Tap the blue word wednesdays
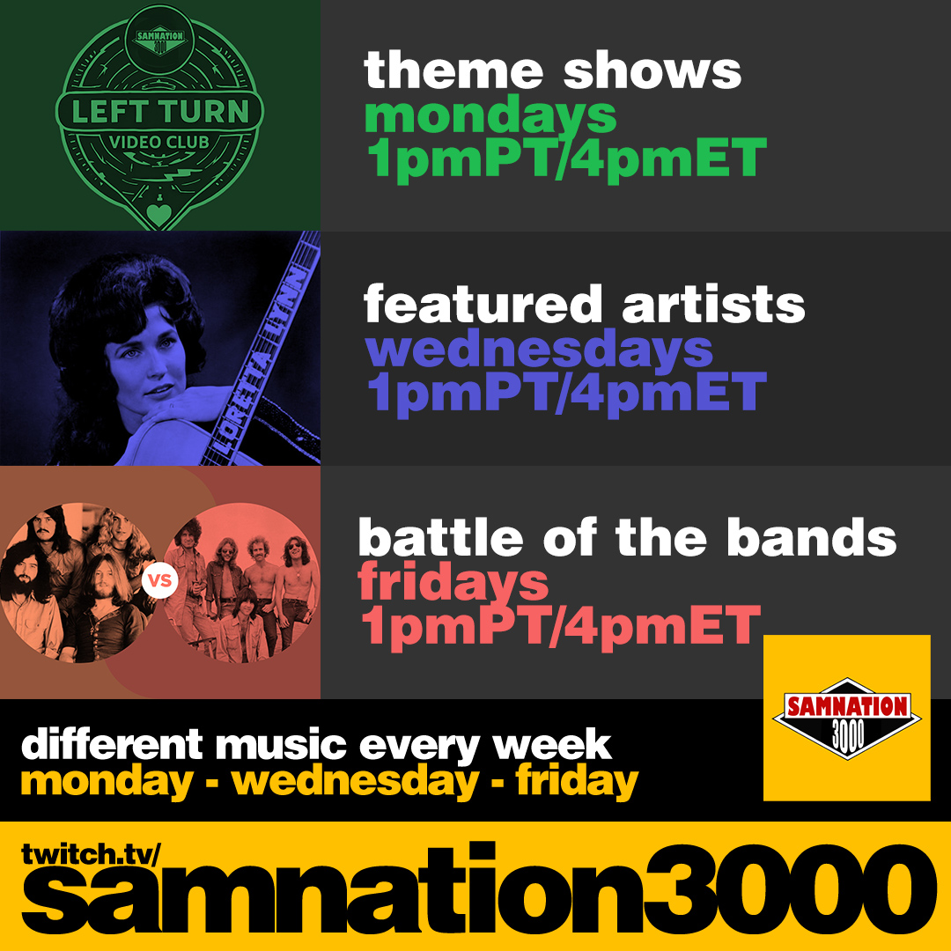click(539, 350)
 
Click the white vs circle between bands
click(160, 580)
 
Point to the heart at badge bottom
click(158, 214)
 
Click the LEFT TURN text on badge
click(160, 112)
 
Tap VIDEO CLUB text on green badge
click(158, 143)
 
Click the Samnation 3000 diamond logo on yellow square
click(847, 719)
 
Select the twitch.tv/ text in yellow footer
click(91, 854)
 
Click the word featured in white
click(483, 304)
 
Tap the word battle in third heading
click(440, 537)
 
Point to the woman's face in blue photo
click(145, 358)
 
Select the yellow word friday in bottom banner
click(577, 783)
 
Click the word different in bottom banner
click(112, 744)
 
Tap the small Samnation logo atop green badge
click(159, 41)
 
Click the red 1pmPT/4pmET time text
click(560, 627)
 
